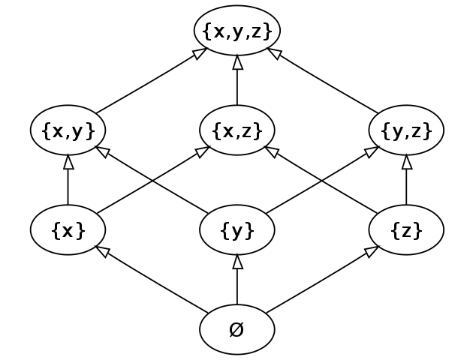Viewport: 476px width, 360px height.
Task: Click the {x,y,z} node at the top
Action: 237,31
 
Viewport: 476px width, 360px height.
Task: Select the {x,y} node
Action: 68,130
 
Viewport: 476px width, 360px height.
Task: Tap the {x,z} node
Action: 237,130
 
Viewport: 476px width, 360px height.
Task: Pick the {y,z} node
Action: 406,130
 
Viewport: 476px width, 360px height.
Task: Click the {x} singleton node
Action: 68,230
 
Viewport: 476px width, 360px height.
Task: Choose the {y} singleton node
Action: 237,230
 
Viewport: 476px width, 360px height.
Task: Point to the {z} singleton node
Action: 406,230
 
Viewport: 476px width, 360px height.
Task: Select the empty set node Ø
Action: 237,329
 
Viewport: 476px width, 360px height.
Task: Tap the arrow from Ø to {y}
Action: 237,281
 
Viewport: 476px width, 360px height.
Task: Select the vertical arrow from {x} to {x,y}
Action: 68,180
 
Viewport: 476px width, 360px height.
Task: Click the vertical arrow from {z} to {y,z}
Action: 406,180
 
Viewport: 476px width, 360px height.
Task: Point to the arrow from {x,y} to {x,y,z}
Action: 150,82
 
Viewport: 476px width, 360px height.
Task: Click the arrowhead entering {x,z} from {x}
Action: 202,151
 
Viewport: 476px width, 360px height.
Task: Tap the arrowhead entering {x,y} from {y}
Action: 104,151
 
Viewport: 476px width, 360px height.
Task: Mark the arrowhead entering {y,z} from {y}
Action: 371,151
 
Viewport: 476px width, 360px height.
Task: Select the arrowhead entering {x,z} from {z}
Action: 273,151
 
